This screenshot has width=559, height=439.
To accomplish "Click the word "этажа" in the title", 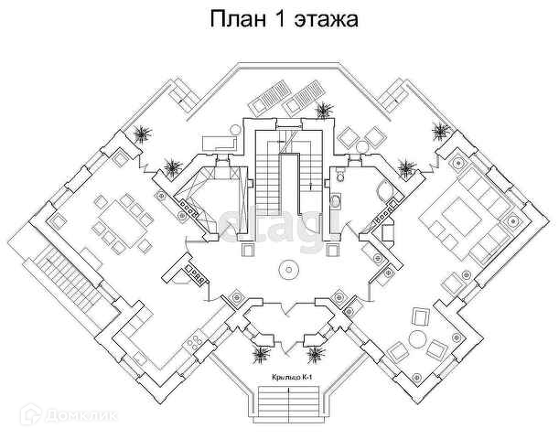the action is tap(323, 18).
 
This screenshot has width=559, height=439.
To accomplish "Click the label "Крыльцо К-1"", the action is tap(289, 376).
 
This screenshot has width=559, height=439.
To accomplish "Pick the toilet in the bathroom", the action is tap(336, 202).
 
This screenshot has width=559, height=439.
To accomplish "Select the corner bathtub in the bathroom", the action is tap(383, 191).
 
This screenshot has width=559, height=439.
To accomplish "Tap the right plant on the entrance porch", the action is tap(316, 351).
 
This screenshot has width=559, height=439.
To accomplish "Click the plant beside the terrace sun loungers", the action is tap(323, 112).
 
